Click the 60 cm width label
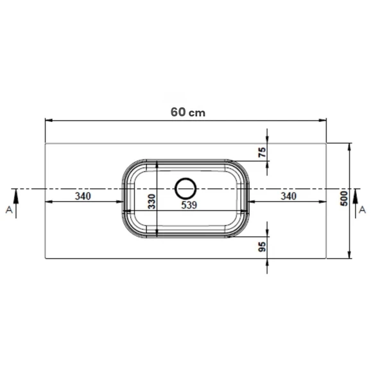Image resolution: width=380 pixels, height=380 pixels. click(188, 112)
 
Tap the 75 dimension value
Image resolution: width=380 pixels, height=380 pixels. click(263, 152)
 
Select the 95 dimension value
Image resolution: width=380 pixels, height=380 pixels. click(263, 246)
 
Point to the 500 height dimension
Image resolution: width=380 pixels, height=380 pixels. click(344, 198)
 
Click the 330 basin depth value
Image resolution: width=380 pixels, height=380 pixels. click(152, 202)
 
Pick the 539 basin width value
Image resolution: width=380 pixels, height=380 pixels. click(189, 205)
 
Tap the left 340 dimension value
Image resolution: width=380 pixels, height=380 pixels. click(83, 196)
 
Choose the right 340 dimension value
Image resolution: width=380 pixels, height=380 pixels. click(288, 196)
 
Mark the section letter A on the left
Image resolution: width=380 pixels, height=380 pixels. click(9, 210)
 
